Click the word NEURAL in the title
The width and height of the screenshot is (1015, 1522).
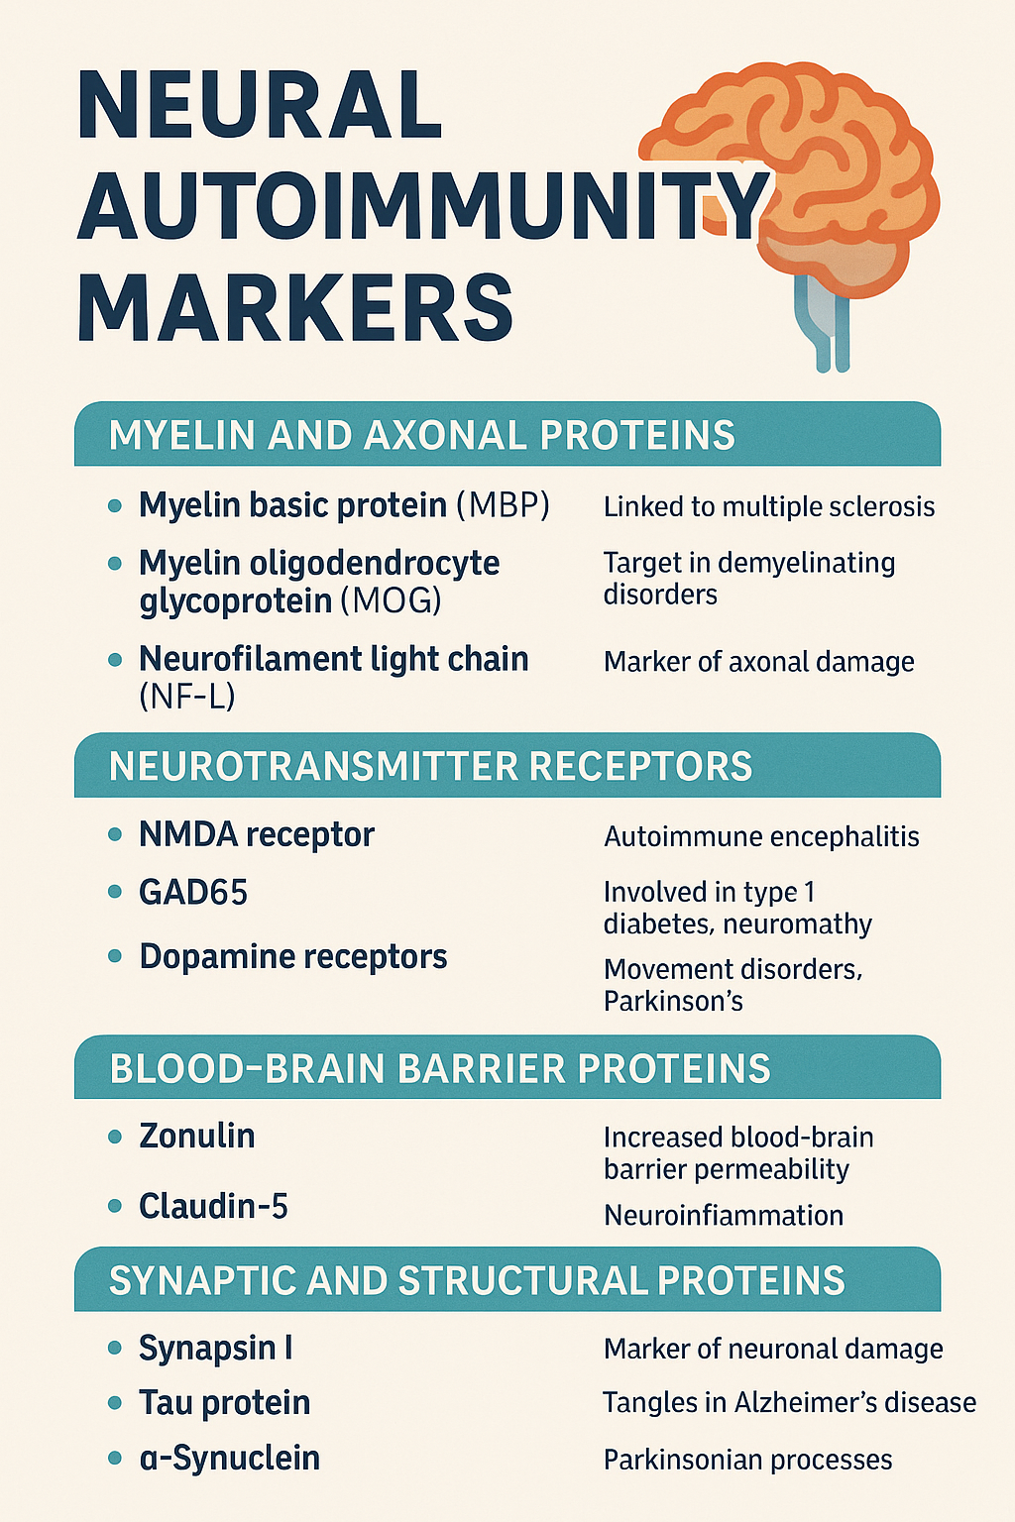[260, 104]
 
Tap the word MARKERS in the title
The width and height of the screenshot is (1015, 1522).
[295, 309]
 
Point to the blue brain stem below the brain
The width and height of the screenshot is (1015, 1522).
[829, 327]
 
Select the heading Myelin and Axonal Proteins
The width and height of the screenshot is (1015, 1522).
[421, 436]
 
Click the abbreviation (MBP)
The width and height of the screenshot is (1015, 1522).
[503, 505]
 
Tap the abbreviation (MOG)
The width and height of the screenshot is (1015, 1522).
[391, 600]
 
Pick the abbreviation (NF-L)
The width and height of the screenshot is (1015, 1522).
[187, 697]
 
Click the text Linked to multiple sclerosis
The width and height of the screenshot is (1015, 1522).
[769, 507]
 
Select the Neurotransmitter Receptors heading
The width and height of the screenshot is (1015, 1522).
[430, 767]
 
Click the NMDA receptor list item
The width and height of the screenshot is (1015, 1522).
[257, 835]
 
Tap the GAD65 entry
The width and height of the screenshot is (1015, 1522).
[193, 893]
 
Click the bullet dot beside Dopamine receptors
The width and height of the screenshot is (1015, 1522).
[115, 956]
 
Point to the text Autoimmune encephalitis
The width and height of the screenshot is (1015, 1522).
[761, 837]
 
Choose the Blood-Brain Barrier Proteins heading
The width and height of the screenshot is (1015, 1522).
[440, 1069]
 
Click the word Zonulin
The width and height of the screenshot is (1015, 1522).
[197, 1136]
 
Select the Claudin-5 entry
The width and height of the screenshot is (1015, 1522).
[213, 1206]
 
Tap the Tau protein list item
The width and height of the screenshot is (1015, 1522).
[225, 1403]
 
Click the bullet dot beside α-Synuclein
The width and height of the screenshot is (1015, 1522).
[115, 1458]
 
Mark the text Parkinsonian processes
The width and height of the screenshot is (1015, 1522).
[747, 1460]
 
